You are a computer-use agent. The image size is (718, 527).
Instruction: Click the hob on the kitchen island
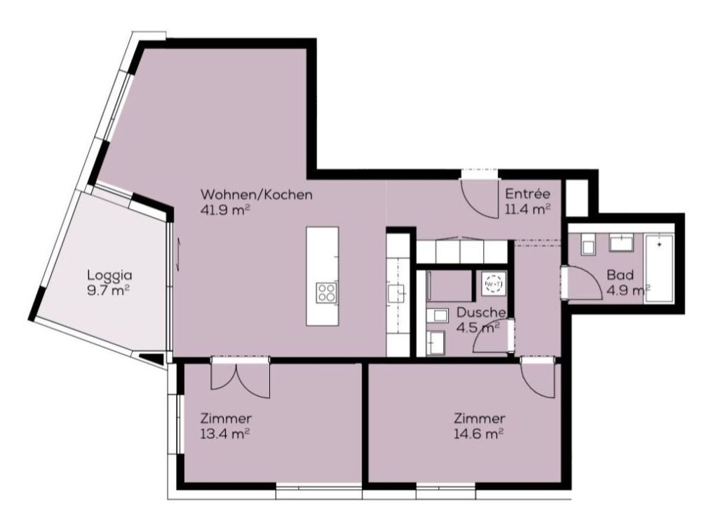pyautogui.click(x=327, y=292)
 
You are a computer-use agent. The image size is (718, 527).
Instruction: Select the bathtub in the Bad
pyautogui.click(x=659, y=269)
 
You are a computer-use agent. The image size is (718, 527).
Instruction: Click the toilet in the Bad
pyautogui.click(x=588, y=245)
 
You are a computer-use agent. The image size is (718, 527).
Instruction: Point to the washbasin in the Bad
pyautogui.click(x=621, y=242)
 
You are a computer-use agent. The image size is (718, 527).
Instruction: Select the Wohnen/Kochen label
pyautogui.click(x=257, y=194)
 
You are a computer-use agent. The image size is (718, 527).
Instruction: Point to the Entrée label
pyautogui.click(x=527, y=194)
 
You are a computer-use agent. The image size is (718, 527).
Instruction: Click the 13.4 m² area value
pyautogui.click(x=225, y=433)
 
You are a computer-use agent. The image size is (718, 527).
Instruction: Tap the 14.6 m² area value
pyautogui.click(x=479, y=433)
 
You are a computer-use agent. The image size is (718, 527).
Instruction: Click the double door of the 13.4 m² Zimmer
pyautogui.click(x=239, y=378)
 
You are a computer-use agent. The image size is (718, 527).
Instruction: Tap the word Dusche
pyautogui.click(x=481, y=313)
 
